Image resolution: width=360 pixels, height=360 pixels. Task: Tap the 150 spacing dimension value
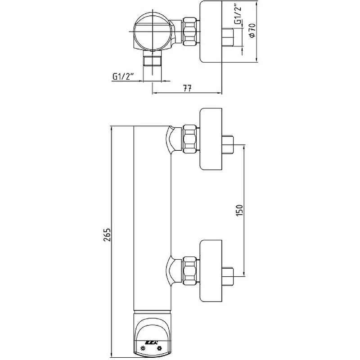239,210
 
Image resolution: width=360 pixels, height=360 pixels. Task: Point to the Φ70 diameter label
252,31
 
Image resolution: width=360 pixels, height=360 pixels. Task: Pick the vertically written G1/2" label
237,19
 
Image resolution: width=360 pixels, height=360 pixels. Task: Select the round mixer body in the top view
152,32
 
